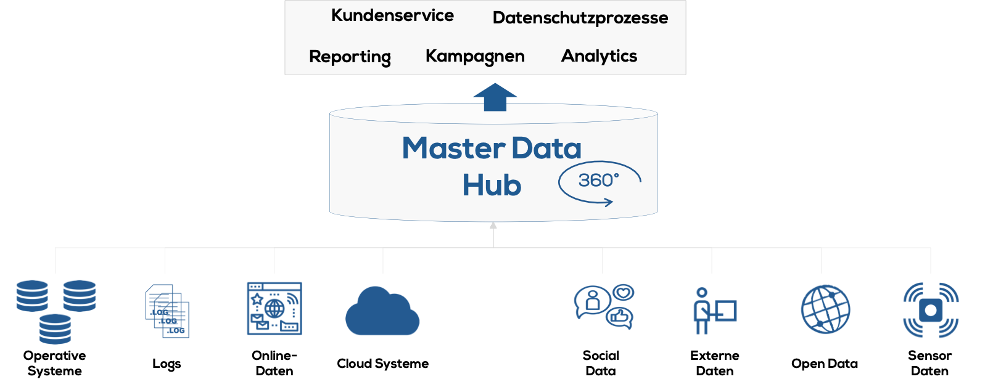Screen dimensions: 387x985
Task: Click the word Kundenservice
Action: coord(392,15)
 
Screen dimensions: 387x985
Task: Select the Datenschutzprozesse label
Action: coord(580,18)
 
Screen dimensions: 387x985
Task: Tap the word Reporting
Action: coord(350,57)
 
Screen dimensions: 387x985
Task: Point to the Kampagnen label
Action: coord(475,56)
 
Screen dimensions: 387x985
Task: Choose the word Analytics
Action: coord(599,56)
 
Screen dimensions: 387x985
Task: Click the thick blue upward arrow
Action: coord(495,97)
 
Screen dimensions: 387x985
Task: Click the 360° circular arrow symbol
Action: coord(599,182)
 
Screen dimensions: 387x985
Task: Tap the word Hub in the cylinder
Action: coord(492,185)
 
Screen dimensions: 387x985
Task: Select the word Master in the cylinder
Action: coord(453,149)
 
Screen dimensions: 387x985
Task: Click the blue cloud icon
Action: coord(382,312)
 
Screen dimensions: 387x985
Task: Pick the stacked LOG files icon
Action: coord(167,311)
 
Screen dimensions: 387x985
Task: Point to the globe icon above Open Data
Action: coord(825,309)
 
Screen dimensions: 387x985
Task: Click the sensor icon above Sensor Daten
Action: coord(930,310)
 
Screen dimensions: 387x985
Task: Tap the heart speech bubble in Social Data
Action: coord(624,292)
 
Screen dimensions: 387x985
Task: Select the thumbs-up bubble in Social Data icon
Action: coord(619,318)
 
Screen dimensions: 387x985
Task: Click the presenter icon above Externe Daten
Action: coord(714,311)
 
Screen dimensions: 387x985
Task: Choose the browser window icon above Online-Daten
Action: coord(274,309)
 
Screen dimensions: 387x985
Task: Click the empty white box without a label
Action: coord(492,328)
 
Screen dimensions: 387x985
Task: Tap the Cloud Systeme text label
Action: coord(382,364)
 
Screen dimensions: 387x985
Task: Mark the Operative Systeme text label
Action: coord(54,363)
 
